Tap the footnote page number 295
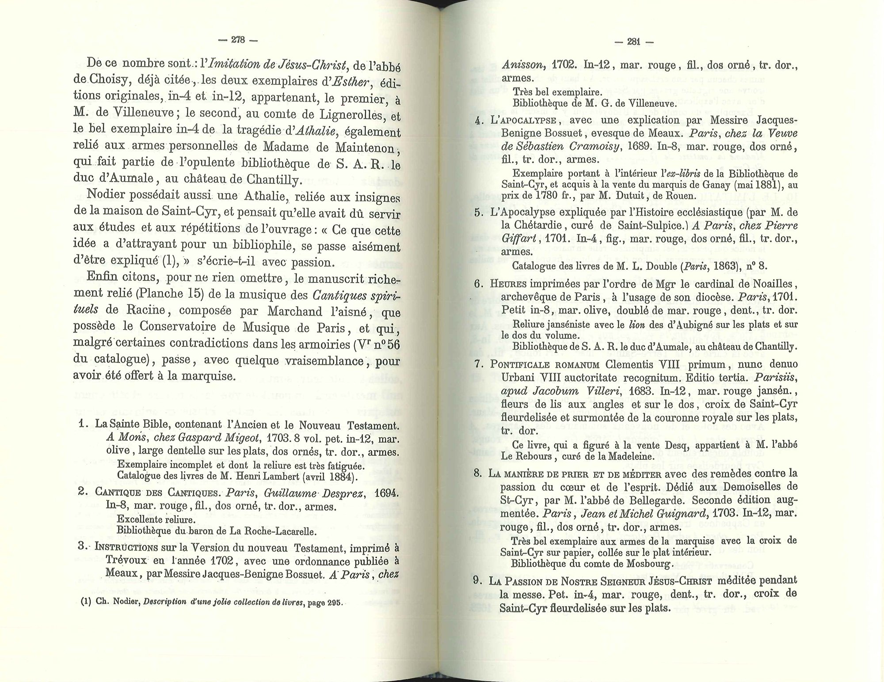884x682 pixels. point(334,604)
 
